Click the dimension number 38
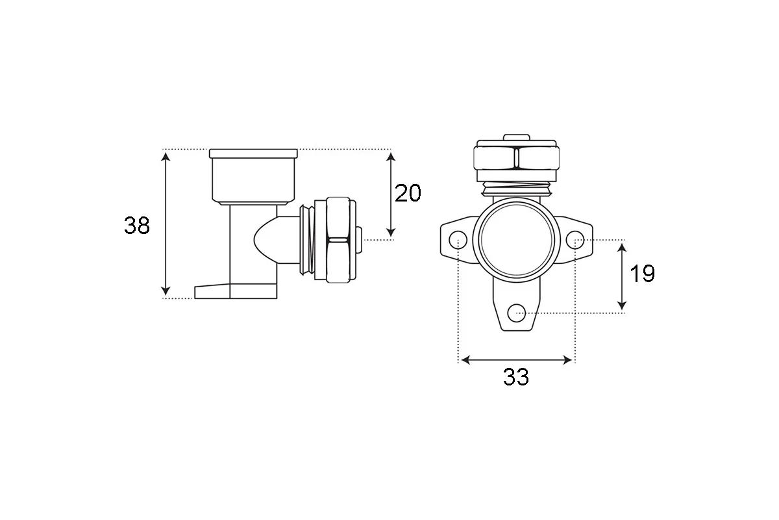coord(137,226)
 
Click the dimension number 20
coord(408,193)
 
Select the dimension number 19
coord(642,274)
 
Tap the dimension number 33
coord(515,376)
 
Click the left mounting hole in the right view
coord(458,240)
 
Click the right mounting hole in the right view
coord(575,240)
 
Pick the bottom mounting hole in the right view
coord(517,313)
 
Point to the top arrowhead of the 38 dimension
coord(166,157)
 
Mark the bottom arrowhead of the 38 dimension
coord(166,290)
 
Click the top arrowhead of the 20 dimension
coord(391,157)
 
